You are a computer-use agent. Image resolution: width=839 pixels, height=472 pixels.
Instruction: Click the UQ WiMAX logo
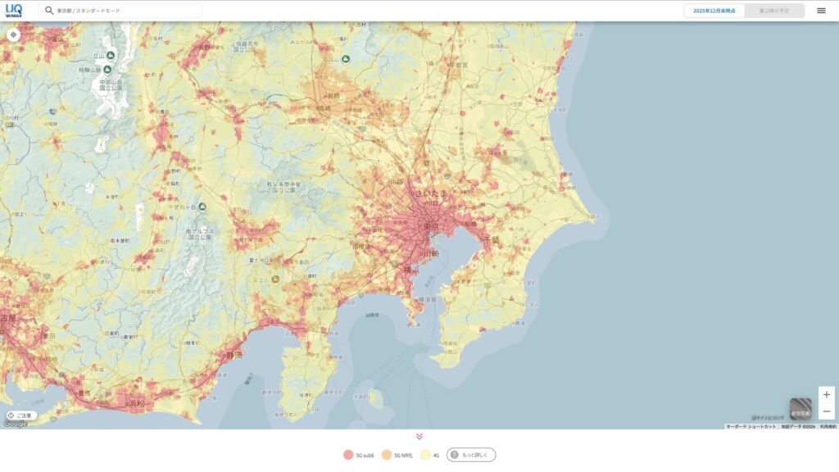[14, 10]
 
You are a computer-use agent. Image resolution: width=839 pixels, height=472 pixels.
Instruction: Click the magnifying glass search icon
[49, 11]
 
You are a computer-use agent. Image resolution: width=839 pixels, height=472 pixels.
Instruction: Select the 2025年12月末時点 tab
[714, 11]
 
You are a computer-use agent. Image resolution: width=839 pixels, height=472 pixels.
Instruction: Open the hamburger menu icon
[821, 11]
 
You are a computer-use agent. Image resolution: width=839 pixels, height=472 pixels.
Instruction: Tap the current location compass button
[13, 35]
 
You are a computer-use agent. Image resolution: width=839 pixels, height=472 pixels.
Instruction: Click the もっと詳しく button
[471, 455]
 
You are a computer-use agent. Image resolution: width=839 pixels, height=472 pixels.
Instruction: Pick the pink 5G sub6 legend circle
[347, 455]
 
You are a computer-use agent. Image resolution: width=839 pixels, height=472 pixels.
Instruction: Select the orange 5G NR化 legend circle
[386, 455]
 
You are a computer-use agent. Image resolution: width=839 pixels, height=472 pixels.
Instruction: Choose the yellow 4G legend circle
[424, 455]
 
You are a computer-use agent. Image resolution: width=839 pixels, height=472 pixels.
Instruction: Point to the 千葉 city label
[491, 238]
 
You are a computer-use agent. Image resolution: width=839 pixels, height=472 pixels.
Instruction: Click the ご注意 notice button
[20, 415]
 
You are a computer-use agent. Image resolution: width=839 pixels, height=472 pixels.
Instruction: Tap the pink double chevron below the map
[419, 437]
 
